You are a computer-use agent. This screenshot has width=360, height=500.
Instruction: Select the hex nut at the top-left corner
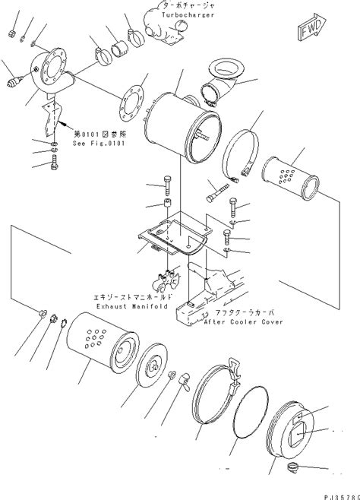(x=12, y=33)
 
